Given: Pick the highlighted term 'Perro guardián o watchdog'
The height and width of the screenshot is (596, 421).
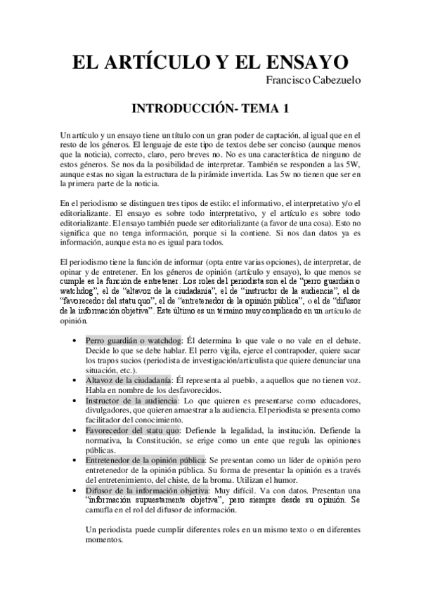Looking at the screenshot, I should [134, 340].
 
